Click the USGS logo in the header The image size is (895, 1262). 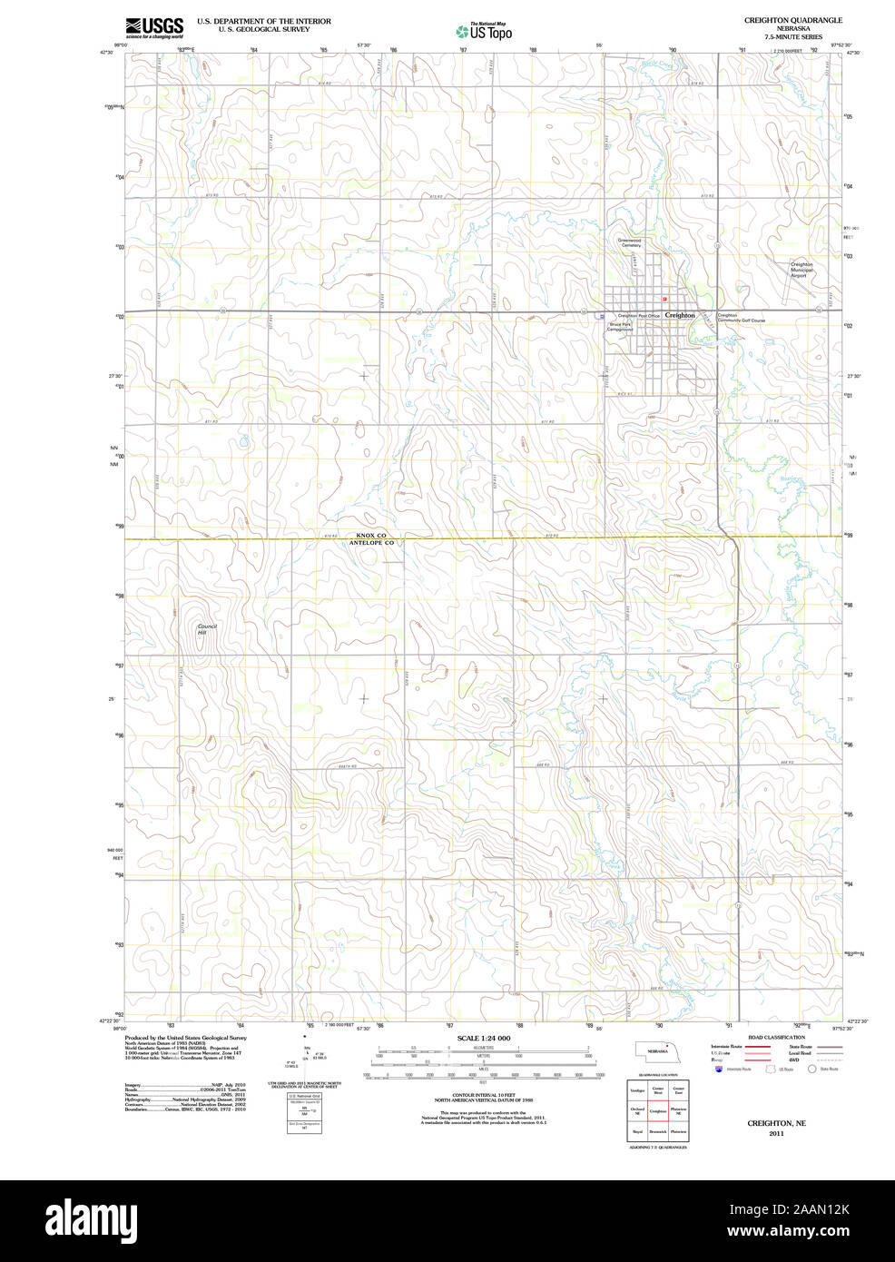tap(154, 26)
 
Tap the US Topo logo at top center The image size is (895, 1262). tap(485, 31)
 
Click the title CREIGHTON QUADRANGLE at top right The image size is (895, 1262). tap(792, 20)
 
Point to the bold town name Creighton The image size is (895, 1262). tap(680, 315)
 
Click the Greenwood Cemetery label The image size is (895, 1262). tap(630, 243)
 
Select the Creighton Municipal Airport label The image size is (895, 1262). tap(801, 270)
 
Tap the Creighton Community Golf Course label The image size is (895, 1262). tap(741, 318)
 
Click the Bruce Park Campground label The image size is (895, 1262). tap(620, 327)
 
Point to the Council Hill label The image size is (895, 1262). tap(202, 629)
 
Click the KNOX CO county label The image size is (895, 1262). tap(371, 535)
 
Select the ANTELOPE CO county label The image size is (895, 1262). tap(371, 543)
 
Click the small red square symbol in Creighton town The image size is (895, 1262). tap(664, 299)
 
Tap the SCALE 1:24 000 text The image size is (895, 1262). tap(484, 1038)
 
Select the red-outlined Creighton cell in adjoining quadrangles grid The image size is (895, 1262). tap(658, 1110)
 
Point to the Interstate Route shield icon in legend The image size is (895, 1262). tap(719, 1070)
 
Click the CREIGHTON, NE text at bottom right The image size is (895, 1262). tap(776, 1123)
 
